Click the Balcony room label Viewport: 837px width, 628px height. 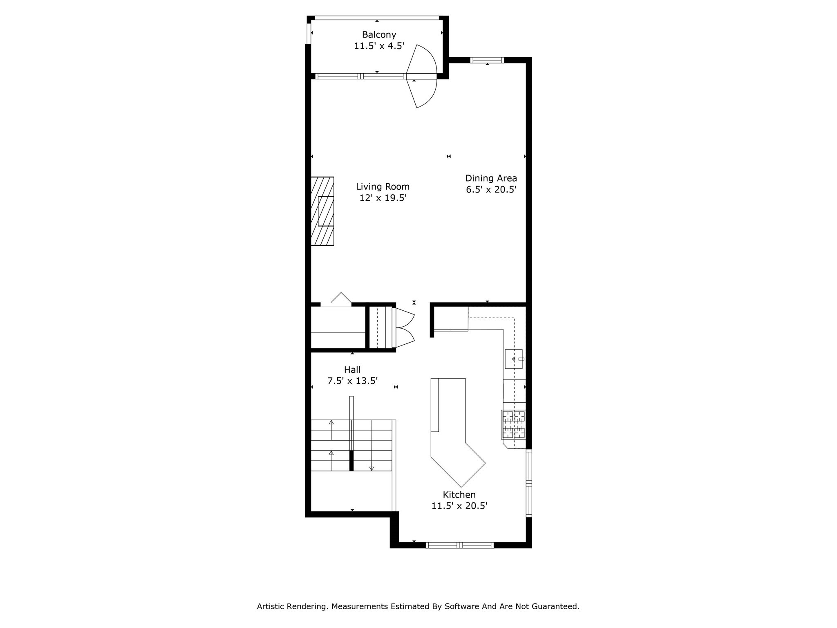point(379,35)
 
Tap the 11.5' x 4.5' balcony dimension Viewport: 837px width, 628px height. point(379,46)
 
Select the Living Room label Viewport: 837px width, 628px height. point(383,187)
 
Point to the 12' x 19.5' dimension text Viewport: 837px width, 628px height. point(383,198)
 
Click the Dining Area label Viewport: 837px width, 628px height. point(491,178)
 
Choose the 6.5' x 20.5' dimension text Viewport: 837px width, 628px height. point(491,190)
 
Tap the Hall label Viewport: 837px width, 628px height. point(352,370)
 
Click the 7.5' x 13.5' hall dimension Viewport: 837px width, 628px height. point(352,381)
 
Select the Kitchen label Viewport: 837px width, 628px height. point(459,495)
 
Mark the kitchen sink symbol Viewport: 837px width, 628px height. point(514,359)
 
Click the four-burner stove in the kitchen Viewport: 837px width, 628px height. point(514,424)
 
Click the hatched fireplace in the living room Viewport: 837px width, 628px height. point(322,211)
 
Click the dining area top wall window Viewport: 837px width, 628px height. point(487,60)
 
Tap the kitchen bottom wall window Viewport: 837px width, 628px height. point(460,545)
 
